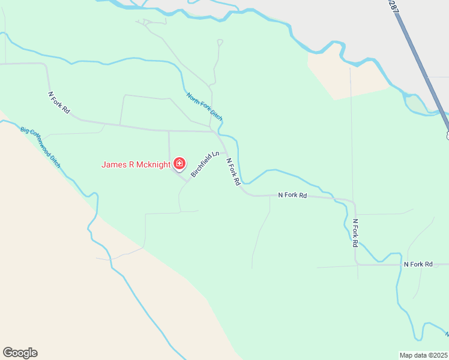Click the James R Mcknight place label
(136, 164)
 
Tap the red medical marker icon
(179, 163)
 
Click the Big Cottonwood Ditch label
(40, 146)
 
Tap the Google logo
(20, 353)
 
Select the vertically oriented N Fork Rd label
(355, 233)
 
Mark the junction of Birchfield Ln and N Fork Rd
(224, 152)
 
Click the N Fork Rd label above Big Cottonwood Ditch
(59, 103)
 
